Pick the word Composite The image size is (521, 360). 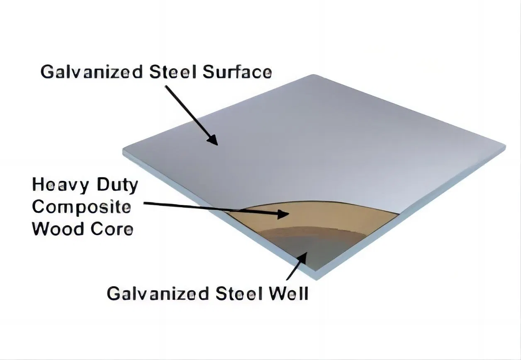(81, 207)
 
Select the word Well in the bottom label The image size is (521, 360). (289, 293)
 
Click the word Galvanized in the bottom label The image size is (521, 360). (158, 293)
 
